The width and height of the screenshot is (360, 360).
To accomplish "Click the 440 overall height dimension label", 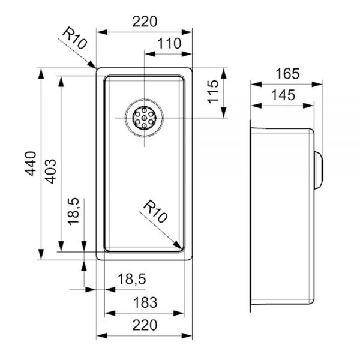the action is coord(31,163).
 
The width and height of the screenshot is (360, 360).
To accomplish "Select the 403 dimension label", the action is coord(50,172).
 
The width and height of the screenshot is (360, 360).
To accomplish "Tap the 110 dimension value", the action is coord(169,43).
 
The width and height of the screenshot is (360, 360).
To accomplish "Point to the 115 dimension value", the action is coord(213,92).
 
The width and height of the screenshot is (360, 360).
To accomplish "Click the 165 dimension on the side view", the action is coord(287,74).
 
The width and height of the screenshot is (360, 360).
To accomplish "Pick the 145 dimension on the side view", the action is coord(283,95).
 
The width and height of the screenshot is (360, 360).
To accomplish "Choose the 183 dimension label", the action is coord(145,302).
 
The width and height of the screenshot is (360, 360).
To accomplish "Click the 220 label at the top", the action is coord(145,22).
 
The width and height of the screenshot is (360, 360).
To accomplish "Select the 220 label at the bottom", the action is coord(145,325).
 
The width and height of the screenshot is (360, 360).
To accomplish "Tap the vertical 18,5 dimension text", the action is coord(73,211).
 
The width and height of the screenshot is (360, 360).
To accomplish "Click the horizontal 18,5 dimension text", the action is coord(132,280).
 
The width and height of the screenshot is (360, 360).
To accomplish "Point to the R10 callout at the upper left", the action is coord(75,38).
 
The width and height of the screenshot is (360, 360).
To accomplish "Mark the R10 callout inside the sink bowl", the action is coord(155,211).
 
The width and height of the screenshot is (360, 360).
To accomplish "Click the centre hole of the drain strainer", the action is coord(145,118).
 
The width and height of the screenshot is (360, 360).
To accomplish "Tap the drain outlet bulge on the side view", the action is coord(319,170).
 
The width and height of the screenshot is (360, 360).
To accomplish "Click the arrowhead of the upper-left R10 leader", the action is coord(92,65).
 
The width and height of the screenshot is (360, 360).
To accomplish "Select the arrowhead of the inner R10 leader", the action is coord(178,245).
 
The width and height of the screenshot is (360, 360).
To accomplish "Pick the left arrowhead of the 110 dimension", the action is coord(149,54).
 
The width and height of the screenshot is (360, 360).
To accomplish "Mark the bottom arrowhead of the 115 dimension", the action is coord(224,113).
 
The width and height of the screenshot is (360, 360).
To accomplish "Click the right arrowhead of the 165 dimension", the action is coord(317,84).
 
